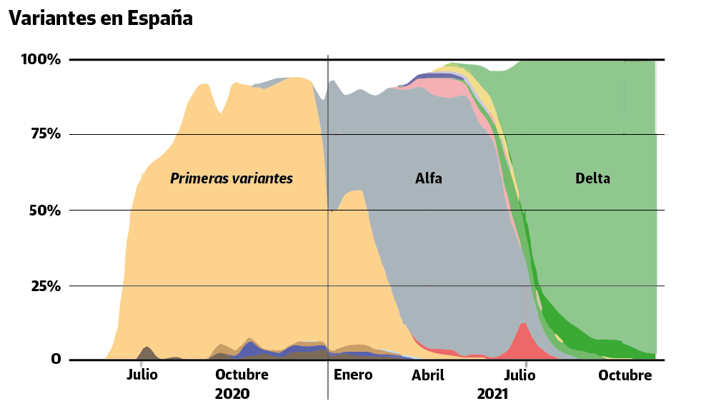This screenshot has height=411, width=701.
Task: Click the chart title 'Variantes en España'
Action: (x=101, y=19)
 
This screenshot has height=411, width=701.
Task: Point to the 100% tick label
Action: (x=41, y=59)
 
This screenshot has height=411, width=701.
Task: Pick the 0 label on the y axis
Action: (x=56, y=359)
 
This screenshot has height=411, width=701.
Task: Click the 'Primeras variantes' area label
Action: (x=232, y=178)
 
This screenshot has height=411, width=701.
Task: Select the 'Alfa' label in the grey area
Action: (x=429, y=178)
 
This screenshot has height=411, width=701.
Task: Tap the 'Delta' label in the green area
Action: (x=592, y=178)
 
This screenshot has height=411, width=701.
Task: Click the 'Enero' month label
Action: (x=353, y=375)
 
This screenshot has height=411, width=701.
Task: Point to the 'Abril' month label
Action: (x=428, y=375)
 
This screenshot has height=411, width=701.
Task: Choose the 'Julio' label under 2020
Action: (x=142, y=375)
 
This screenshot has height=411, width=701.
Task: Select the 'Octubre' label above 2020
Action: (x=242, y=375)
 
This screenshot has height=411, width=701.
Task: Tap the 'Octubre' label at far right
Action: (x=625, y=375)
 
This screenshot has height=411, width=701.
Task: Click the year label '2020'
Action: (x=232, y=394)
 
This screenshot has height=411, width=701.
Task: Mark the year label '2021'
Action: (x=492, y=394)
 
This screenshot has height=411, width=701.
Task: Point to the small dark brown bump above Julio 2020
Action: (x=147, y=352)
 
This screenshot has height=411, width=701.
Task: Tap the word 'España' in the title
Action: (x=160, y=19)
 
